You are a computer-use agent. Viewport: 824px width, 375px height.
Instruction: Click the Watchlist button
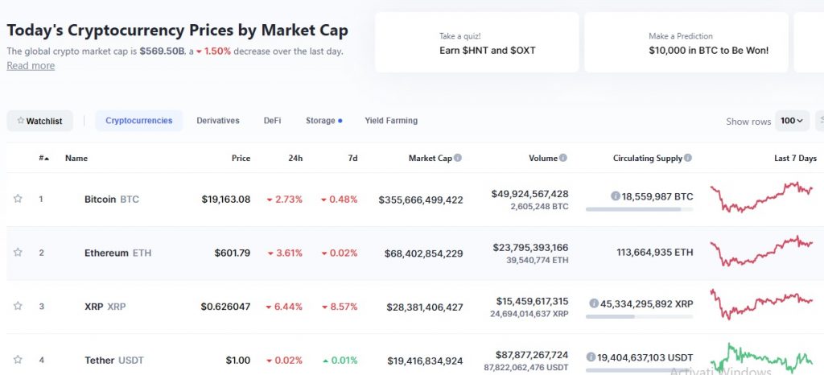pyautogui.click(x=40, y=121)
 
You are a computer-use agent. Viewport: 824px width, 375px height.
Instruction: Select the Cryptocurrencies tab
pyautogui.click(x=138, y=121)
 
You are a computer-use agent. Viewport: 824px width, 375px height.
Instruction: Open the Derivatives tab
pyautogui.click(x=218, y=121)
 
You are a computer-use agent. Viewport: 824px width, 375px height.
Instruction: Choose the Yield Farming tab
pyautogui.click(x=391, y=121)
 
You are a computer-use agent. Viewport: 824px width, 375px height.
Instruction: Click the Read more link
pyautogui.click(x=31, y=66)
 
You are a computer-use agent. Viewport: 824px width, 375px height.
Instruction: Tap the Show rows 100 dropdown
pyautogui.click(x=792, y=121)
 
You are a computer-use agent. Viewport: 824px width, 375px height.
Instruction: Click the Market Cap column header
pyautogui.click(x=430, y=159)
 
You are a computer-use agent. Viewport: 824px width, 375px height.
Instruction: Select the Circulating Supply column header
pyautogui.click(x=647, y=159)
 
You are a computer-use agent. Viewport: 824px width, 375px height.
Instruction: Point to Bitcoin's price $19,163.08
pyautogui.click(x=226, y=199)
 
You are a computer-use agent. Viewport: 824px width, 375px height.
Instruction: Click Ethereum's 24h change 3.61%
pyautogui.click(x=285, y=253)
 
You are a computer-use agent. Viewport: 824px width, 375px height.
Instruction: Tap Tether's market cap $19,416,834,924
pyautogui.click(x=421, y=361)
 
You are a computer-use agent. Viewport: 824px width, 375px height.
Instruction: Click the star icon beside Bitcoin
pyautogui.click(x=18, y=199)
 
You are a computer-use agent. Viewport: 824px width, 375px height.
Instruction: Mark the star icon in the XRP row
pyautogui.click(x=18, y=306)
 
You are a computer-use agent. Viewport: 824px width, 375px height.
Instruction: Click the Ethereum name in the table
pyautogui.click(x=106, y=253)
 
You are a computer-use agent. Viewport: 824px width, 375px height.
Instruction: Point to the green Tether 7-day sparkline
pyautogui.click(x=761, y=356)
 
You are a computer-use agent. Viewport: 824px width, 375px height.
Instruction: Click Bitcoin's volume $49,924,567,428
pyautogui.click(x=529, y=193)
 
